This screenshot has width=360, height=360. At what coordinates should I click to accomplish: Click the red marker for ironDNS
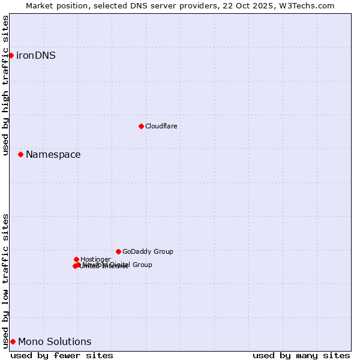(11, 55)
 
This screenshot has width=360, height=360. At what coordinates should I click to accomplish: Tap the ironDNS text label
(35, 56)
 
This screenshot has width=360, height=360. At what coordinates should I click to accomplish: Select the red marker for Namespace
(20, 154)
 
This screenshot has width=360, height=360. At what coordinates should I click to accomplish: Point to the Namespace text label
(53, 155)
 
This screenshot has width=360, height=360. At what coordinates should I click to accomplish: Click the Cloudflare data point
(141, 126)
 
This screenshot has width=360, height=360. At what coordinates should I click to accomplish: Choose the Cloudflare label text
(161, 126)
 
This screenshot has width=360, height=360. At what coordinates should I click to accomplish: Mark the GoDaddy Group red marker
(118, 251)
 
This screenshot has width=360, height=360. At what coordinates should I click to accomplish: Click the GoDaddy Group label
(148, 252)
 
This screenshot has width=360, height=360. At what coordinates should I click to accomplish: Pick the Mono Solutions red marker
(13, 341)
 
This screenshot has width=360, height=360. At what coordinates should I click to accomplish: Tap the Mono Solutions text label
(55, 342)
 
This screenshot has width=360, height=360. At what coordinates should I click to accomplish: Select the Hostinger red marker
(76, 259)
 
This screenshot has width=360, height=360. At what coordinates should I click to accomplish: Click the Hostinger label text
(95, 259)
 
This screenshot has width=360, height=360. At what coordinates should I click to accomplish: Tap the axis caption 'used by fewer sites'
(62, 355)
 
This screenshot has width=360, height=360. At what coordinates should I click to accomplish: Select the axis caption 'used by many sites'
(301, 355)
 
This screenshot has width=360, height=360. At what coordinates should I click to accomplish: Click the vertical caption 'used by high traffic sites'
(6, 85)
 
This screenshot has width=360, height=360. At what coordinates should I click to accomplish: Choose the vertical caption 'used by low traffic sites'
(6, 281)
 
